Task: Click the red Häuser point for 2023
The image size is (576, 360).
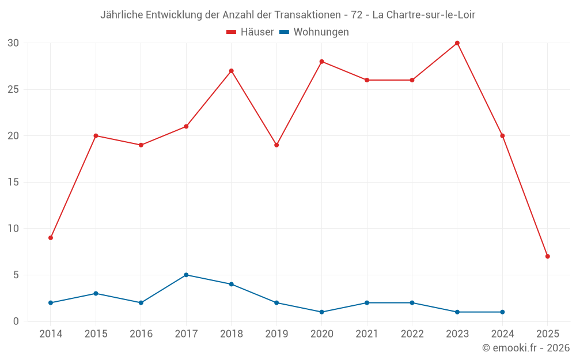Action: click(x=457, y=43)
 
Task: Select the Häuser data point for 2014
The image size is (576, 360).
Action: click(x=51, y=238)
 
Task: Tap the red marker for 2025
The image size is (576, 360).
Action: click(x=547, y=256)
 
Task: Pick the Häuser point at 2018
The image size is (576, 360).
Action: click(x=231, y=71)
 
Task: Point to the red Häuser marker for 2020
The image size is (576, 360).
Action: click(x=321, y=62)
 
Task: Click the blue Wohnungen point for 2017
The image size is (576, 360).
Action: click(x=186, y=275)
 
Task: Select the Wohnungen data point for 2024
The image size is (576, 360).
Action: click(x=502, y=312)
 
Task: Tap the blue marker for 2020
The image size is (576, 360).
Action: click(x=321, y=312)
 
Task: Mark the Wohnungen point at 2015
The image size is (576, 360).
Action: click(x=96, y=294)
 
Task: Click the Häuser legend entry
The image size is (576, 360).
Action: click(x=251, y=32)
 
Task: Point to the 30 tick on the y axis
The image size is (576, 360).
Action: click(x=14, y=43)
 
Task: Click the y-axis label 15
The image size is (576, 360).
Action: click(x=14, y=182)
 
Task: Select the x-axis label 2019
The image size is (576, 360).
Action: click(x=276, y=334)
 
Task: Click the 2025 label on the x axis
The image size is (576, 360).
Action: click(x=547, y=334)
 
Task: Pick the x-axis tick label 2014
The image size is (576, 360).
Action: click(x=51, y=334)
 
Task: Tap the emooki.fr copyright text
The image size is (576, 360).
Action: click(x=526, y=348)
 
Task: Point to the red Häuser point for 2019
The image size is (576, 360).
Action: click(x=276, y=145)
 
